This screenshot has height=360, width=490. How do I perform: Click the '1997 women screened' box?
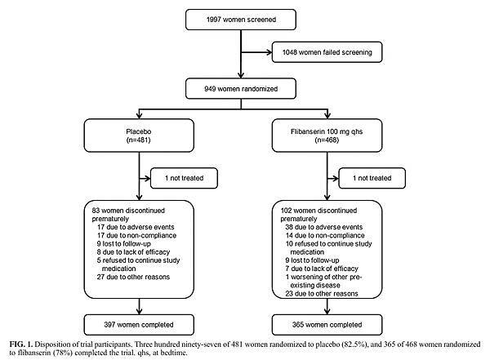(x=243, y=19)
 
